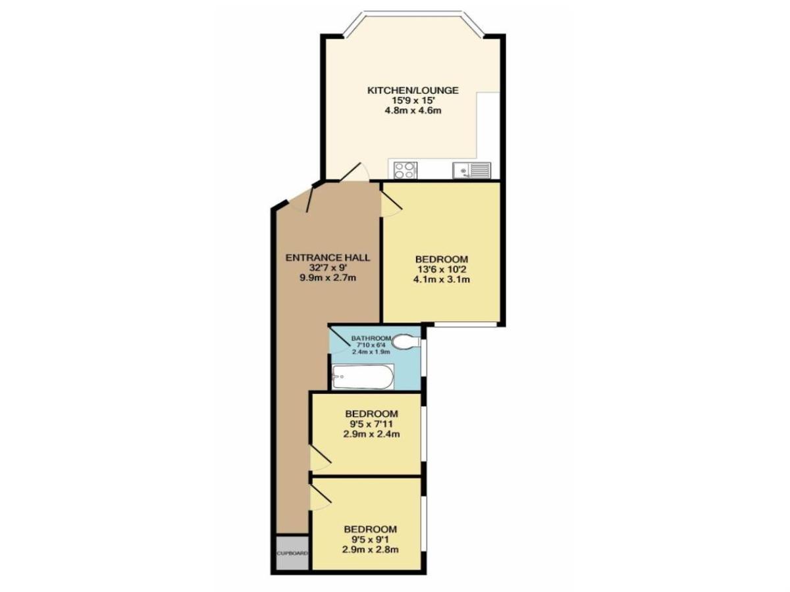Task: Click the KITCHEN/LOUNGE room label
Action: pyautogui.click(x=413, y=90)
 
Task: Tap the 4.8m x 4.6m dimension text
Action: pyautogui.click(x=413, y=111)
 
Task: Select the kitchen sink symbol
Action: pyautogui.click(x=471, y=171)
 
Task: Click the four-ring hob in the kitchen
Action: pyautogui.click(x=404, y=170)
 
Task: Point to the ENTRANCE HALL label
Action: pyautogui.click(x=327, y=257)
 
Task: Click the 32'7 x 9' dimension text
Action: pyautogui.click(x=327, y=268)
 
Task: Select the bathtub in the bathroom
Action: pyautogui.click(x=363, y=378)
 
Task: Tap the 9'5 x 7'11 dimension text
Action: pyautogui.click(x=372, y=424)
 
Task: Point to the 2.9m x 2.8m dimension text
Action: pyautogui.click(x=371, y=549)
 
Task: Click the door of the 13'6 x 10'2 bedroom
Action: pyautogui.click(x=391, y=200)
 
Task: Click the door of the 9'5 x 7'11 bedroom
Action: pyautogui.click(x=321, y=458)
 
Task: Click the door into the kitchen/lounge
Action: pyautogui.click(x=355, y=172)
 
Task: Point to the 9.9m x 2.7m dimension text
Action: pyautogui.click(x=327, y=278)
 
